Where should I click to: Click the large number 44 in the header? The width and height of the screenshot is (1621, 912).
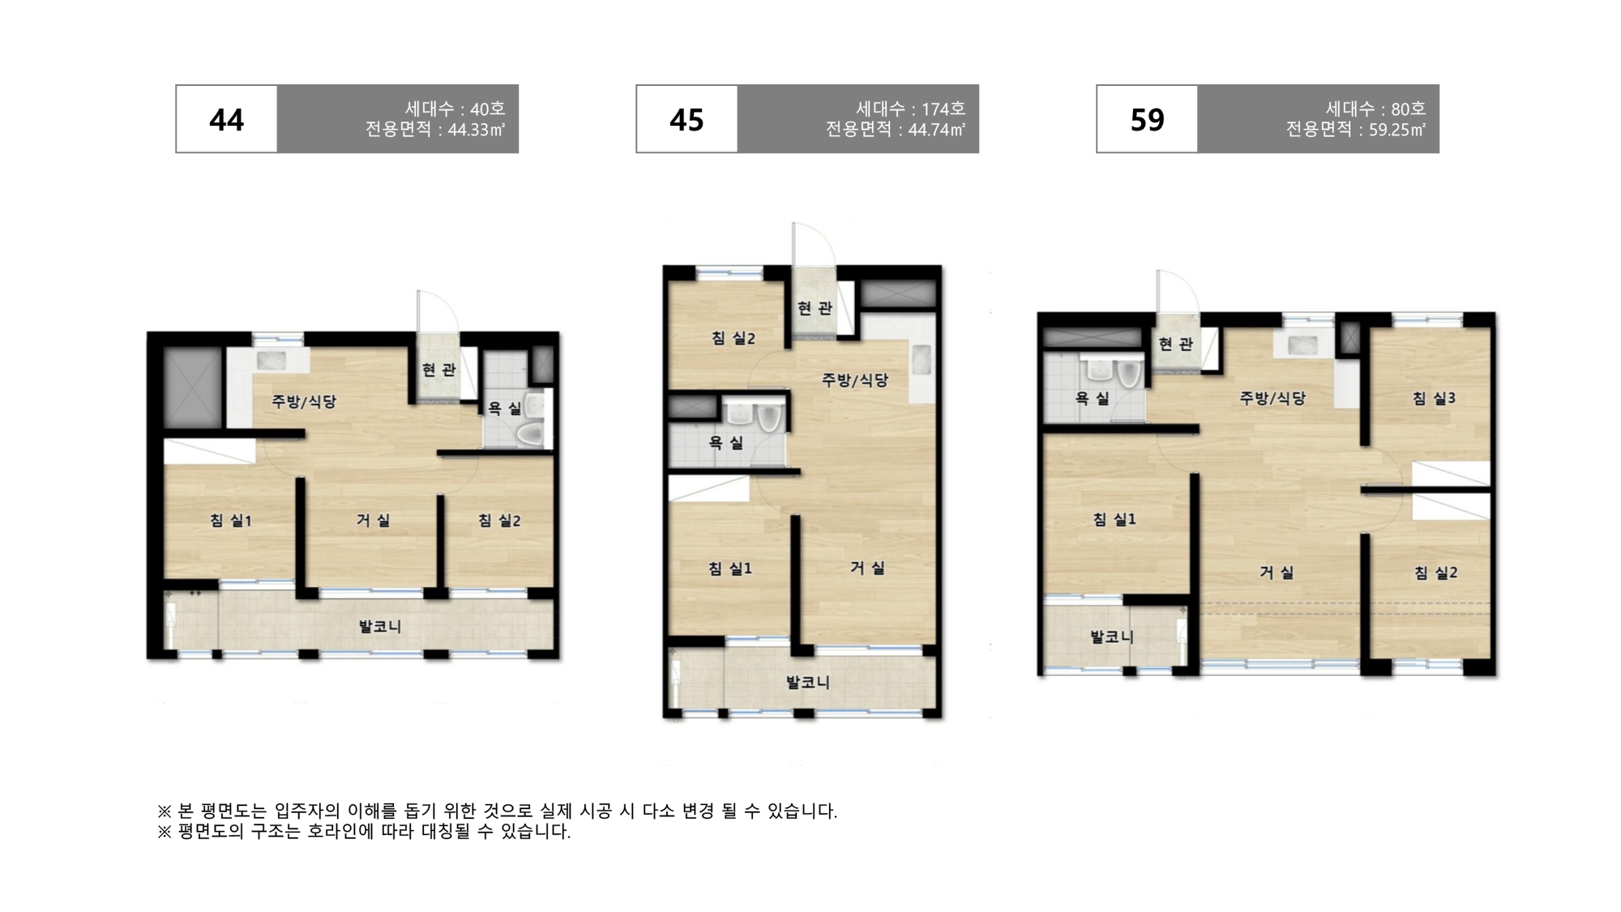coord(226,120)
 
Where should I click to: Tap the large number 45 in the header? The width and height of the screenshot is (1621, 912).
coord(686,120)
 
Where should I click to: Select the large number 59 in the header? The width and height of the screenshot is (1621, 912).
coord(1147,120)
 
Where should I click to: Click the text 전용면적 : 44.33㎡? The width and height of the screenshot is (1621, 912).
coord(435,130)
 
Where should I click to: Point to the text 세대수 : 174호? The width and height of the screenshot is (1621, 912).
coord(910,109)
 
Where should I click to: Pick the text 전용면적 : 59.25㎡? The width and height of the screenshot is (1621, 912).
coord(1356,130)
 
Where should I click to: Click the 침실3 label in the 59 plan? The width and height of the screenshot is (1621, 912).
coord(1434,398)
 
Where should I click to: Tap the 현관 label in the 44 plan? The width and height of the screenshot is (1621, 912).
coord(438,370)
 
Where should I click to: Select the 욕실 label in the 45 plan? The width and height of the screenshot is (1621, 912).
coord(725,443)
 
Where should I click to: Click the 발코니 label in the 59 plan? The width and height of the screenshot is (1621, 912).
coord(1111,637)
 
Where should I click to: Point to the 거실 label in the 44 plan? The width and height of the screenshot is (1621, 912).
coord(373,520)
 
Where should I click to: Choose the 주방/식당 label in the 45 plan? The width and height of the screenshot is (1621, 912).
coord(855,379)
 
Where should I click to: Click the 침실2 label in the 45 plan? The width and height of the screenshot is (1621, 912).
coord(733,338)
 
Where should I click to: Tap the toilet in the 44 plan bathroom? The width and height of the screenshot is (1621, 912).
coord(532,434)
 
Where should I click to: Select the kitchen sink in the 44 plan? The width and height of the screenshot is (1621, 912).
coord(267,360)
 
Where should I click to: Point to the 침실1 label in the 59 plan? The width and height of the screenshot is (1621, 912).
coord(1114,520)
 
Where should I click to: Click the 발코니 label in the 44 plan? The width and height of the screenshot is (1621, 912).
coord(379,627)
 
